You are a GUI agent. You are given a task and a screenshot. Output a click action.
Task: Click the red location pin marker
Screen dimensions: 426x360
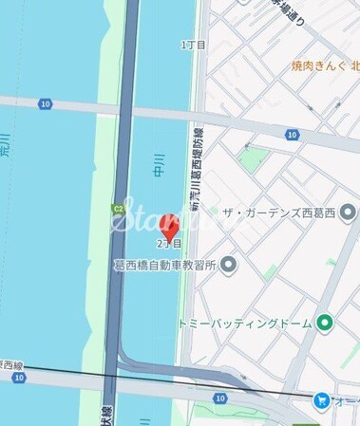[170, 228]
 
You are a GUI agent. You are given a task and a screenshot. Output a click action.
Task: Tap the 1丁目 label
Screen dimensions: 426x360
[194, 46]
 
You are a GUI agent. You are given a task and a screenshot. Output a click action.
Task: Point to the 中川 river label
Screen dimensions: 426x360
[160, 165]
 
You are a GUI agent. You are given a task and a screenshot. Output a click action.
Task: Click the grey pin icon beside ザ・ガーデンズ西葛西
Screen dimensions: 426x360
[348, 212]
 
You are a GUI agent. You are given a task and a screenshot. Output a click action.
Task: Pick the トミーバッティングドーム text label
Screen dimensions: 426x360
[245, 324]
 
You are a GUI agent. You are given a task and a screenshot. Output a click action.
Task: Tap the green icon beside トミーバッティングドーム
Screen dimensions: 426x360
[325, 324]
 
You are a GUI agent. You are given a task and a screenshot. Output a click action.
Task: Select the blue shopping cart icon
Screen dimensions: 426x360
[321, 401]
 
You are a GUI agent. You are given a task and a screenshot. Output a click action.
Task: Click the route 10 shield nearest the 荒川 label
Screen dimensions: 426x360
[45, 104]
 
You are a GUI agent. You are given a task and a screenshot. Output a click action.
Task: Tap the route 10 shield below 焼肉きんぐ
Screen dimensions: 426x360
[291, 135]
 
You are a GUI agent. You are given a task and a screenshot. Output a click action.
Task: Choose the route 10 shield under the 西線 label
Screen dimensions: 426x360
[18, 377]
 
